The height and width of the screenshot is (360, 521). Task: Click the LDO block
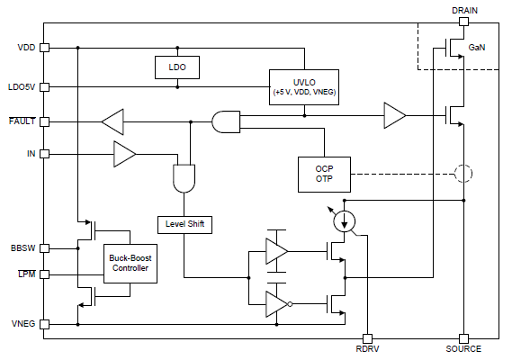click(x=177, y=67)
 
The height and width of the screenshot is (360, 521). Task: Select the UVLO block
click(x=304, y=87)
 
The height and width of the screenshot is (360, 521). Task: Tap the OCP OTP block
click(x=324, y=175)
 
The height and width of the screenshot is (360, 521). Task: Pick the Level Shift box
click(x=184, y=225)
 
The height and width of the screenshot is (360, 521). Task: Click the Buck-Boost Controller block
click(x=130, y=264)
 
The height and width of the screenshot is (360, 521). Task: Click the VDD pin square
click(x=44, y=48)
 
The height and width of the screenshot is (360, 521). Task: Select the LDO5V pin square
click(x=44, y=87)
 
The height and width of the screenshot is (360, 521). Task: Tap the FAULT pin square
click(x=44, y=122)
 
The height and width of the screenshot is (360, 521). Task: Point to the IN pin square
click(x=44, y=154)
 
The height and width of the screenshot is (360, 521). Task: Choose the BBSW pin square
click(x=44, y=248)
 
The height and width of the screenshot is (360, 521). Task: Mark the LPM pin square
click(x=44, y=274)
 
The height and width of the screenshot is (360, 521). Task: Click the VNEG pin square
click(x=44, y=324)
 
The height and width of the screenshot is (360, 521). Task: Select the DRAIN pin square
click(x=463, y=22)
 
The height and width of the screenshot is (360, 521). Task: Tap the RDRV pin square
click(x=367, y=338)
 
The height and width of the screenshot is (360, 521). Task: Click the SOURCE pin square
click(x=463, y=338)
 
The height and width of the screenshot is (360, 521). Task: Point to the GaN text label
click(x=477, y=48)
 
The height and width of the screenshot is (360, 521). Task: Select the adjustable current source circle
click(x=345, y=221)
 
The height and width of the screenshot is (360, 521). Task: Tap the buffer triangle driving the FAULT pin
click(x=112, y=122)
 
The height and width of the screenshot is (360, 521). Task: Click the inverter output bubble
click(x=290, y=304)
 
